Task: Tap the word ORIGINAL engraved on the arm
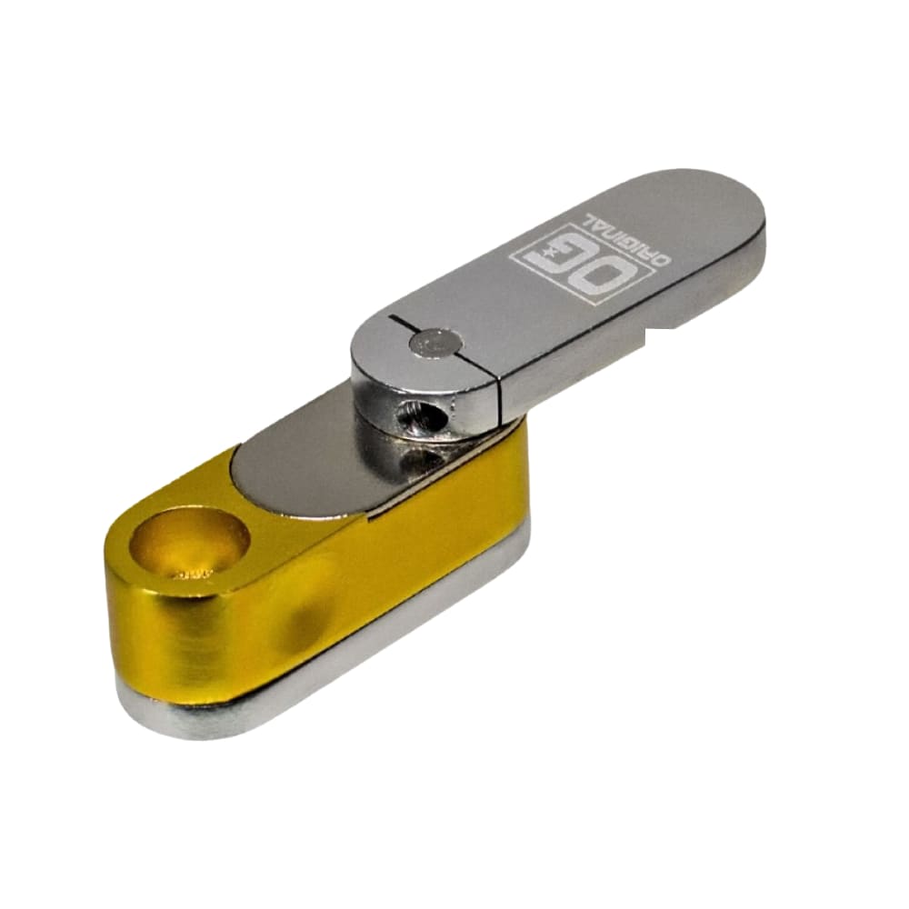coord(627,239)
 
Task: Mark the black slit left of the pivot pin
coord(400,320)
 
